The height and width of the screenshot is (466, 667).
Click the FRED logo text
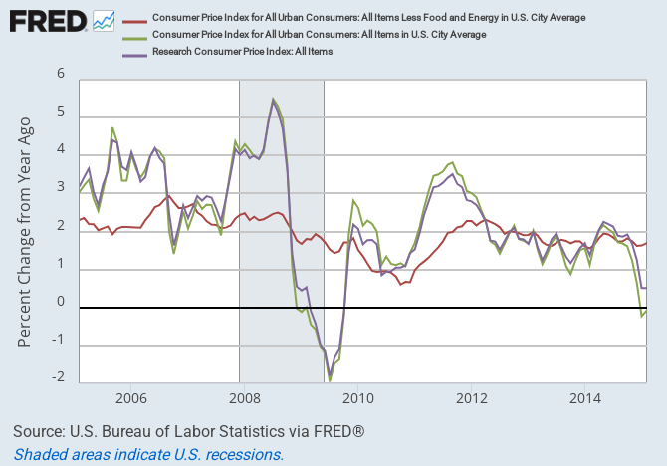pyautogui.click(x=46, y=20)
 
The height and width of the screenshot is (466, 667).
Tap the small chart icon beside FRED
pyautogui.click(x=104, y=20)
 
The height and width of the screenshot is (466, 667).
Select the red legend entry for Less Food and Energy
pyautogui.click(x=367, y=18)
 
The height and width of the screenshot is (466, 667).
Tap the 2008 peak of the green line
pyautogui.click(x=273, y=99)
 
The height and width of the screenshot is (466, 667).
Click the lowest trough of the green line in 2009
pyautogui.click(x=330, y=380)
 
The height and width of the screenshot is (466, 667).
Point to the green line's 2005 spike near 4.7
pyautogui.click(x=112, y=127)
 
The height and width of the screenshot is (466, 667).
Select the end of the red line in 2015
pyautogui.click(x=645, y=243)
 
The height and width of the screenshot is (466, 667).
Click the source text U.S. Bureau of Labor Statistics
pyautogui.click(x=189, y=432)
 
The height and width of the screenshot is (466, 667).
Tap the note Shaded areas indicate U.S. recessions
pyautogui.click(x=149, y=454)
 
